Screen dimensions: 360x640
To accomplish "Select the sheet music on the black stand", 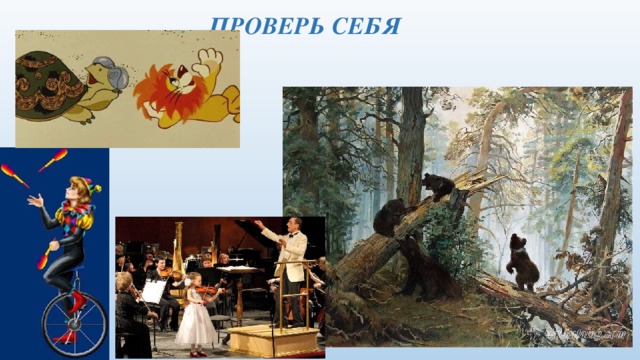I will pos(152,290).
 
